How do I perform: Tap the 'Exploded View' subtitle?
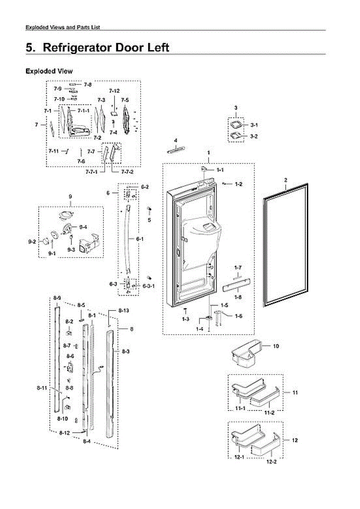(x=49, y=71)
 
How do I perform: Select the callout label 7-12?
(x=114, y=91)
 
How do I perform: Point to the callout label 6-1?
(x=140, y=239)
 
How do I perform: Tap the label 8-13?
(x=123, y=311)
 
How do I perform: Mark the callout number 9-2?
(x=32, y=242)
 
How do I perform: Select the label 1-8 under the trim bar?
(x=238, y=298)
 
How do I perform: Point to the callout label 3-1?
(x=254, y=125)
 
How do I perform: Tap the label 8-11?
(x=42, y=388)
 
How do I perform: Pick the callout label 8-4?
(x=87, y=442)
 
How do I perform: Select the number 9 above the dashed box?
(x=70, y=197)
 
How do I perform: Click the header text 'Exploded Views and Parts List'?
(x=63, y=27)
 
